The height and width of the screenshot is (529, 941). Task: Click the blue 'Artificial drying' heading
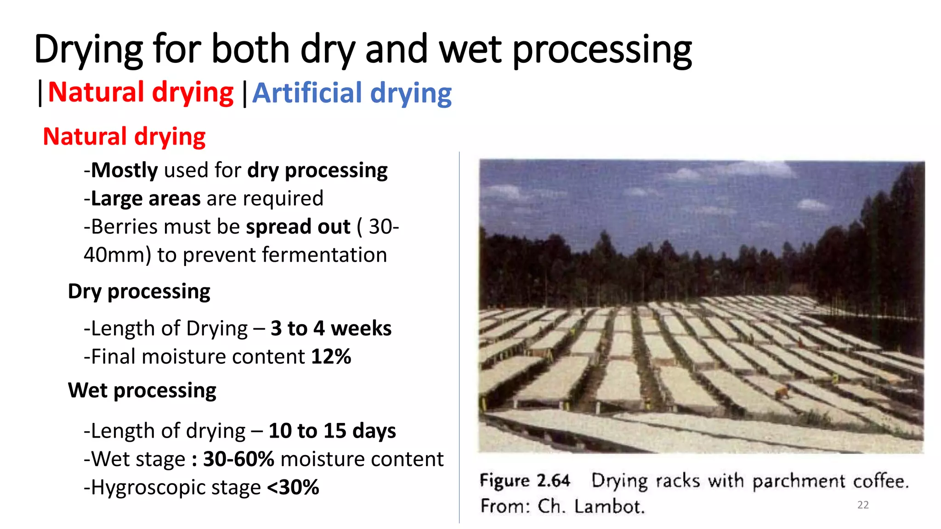pos(352,93)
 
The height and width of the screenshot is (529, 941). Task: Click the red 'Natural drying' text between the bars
pos(141,92)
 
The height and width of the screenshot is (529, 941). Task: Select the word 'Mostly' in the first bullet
pos(125,170)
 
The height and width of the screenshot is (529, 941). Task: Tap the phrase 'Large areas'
pos(146,199)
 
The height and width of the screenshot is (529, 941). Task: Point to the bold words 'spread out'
pos(298,227)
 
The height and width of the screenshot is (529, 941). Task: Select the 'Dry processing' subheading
pos(139,292)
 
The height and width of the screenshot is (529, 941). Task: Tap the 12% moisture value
pos(331,357)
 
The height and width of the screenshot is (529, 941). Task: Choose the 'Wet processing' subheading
pos(142,391)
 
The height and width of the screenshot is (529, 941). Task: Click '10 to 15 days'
pos(332,431)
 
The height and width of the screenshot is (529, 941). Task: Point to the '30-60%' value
pos(238,459)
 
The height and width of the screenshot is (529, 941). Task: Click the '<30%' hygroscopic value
pos(293,488)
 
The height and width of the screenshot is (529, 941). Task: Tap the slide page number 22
pos(863,505)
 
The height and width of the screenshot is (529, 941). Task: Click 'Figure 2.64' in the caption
pos(525,481)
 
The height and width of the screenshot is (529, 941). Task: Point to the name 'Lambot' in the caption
pos(609,506)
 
